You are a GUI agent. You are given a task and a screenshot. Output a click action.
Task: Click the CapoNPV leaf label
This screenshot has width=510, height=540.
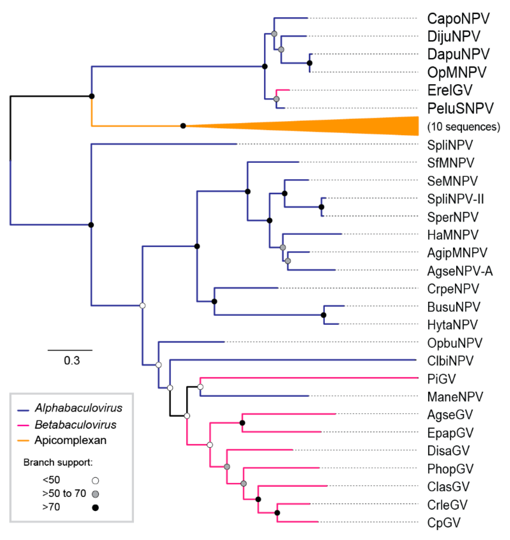[458, 19]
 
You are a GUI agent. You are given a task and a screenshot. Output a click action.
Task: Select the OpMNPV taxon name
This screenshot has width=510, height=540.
[457, 73]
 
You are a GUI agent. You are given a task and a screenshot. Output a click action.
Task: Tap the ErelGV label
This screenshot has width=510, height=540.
[450, 90]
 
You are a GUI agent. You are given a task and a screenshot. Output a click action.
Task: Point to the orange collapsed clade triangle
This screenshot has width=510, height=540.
[353, 126]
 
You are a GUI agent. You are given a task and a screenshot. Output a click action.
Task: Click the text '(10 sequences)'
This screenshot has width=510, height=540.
[463, 127]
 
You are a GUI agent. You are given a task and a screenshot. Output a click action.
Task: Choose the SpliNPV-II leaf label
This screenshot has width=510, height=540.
[455, 199]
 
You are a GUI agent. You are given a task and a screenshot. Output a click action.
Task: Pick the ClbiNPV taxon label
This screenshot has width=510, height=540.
[450, 361]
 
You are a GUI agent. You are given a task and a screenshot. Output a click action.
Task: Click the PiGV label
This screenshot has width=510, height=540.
[441, 379]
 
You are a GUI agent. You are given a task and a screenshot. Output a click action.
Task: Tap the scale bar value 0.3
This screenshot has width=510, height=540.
[72, 361]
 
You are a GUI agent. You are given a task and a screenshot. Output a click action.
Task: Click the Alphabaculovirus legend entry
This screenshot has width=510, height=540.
[78, 408]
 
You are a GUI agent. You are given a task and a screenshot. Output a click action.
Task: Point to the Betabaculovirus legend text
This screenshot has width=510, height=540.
[75, 425]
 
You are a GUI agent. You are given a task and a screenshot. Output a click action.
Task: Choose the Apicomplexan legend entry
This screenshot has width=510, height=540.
[70, 440]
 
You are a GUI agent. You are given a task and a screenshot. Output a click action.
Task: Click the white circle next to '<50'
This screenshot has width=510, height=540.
[95, 481]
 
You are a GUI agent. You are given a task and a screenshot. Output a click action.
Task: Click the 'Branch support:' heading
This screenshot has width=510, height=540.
[58, 463]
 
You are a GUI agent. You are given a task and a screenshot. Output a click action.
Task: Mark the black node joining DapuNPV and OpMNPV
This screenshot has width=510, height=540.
[309, 63]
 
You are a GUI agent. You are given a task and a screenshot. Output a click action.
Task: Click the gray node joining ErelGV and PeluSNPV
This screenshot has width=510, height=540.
[276, 99]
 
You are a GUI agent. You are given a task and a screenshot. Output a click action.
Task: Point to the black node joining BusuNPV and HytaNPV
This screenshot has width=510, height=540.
[323, 315]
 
